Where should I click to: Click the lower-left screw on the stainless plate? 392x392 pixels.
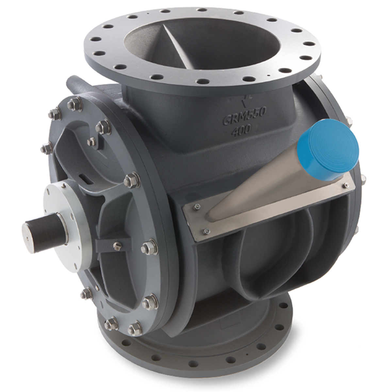pos(206,231)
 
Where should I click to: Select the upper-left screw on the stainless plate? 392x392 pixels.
pos(197,206)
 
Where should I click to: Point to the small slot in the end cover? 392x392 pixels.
pos(86,179)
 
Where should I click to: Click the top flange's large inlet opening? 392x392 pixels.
pos(209,42)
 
